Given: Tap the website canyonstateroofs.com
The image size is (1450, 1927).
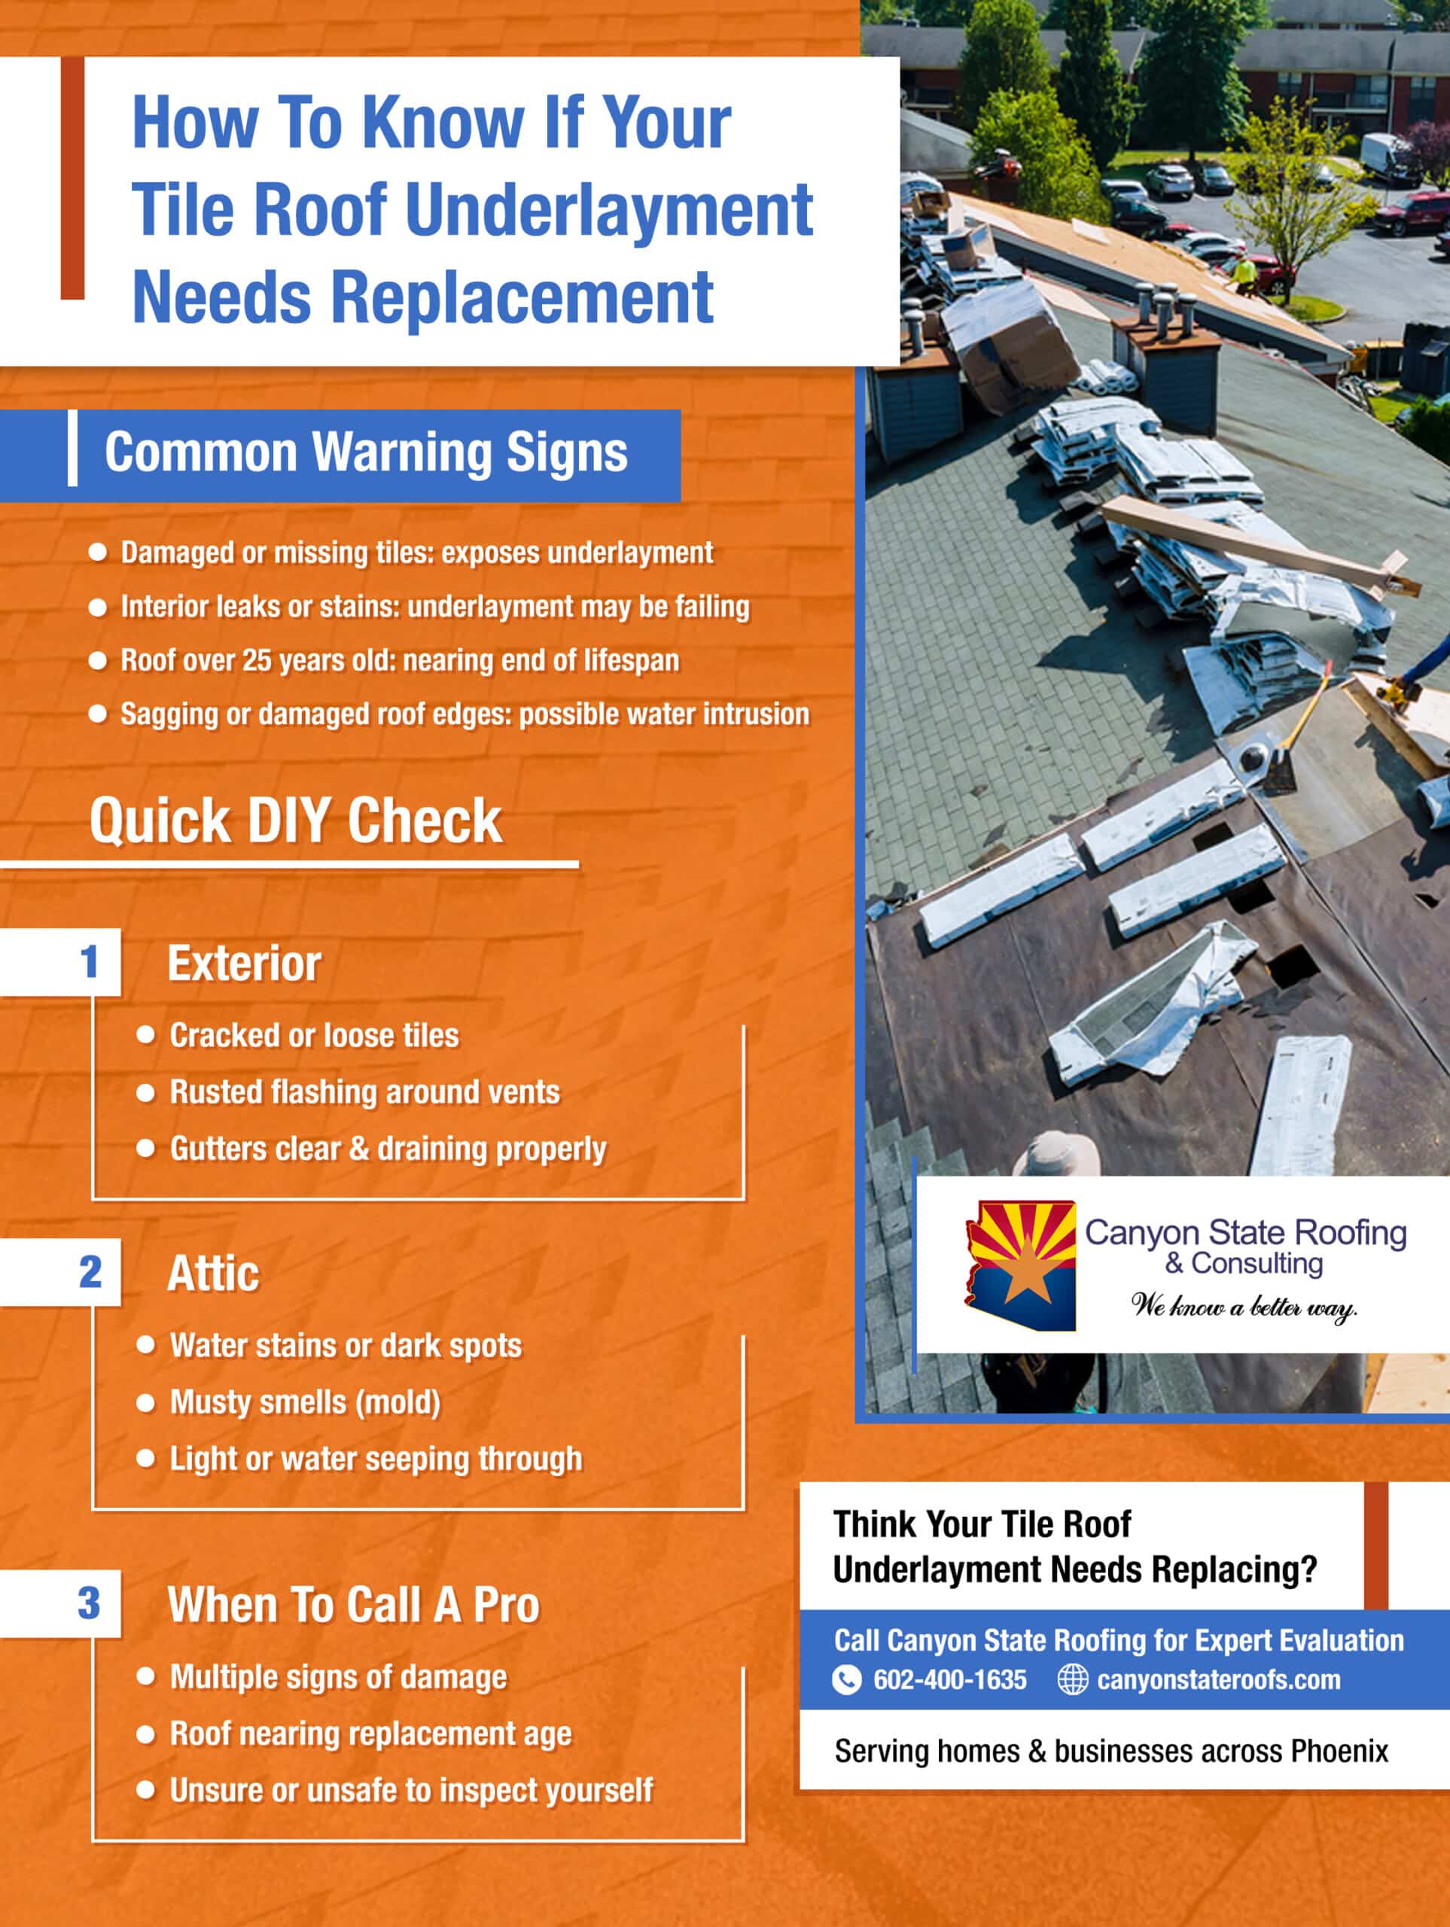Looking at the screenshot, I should pyautogui.click(x=1217, y=1679).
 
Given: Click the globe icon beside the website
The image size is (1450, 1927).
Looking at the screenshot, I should pyautogui.click(x=1072, y=1679).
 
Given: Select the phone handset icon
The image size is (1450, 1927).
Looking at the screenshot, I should pyautogui.click(x=846, y=1679).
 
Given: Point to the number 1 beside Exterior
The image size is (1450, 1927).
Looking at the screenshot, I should pyautogui.click(x=89, y=962).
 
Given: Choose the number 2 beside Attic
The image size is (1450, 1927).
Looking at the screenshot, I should pyautogui.click(x=90, y=1272).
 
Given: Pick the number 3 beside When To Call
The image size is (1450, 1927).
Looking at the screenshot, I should pyautogui.click(x=89, y=1603).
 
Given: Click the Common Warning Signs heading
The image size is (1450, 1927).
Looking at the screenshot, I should pyautogui.click(x=365, y=452).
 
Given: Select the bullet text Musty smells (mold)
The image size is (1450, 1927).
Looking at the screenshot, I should pyautogui.click(x=305, y=1402).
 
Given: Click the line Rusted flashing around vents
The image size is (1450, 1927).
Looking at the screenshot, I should pyautogui.click(x=364, y=1091).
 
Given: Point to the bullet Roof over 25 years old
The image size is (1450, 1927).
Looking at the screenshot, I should pyautogui.click(x=399, y=660).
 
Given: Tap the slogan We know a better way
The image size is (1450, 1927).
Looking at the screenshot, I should pyautogui.click(x=1244, y=1306).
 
